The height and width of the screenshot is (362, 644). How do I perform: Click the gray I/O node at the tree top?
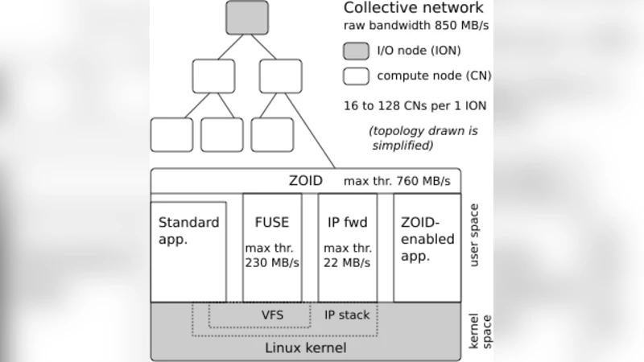click(x=246, y=19)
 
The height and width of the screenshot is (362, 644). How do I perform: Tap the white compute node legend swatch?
click(x=357, y=77)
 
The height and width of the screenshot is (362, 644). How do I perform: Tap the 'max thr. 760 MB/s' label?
click(x=397, y=181)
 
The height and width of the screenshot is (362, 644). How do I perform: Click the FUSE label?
click(x=271, y=222)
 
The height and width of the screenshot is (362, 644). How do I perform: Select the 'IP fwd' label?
click(x=347, y=222)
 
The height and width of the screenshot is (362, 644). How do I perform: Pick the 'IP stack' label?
click(x=347, y=315)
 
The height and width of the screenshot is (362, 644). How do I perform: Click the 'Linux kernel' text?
click(x=305, y=348)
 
